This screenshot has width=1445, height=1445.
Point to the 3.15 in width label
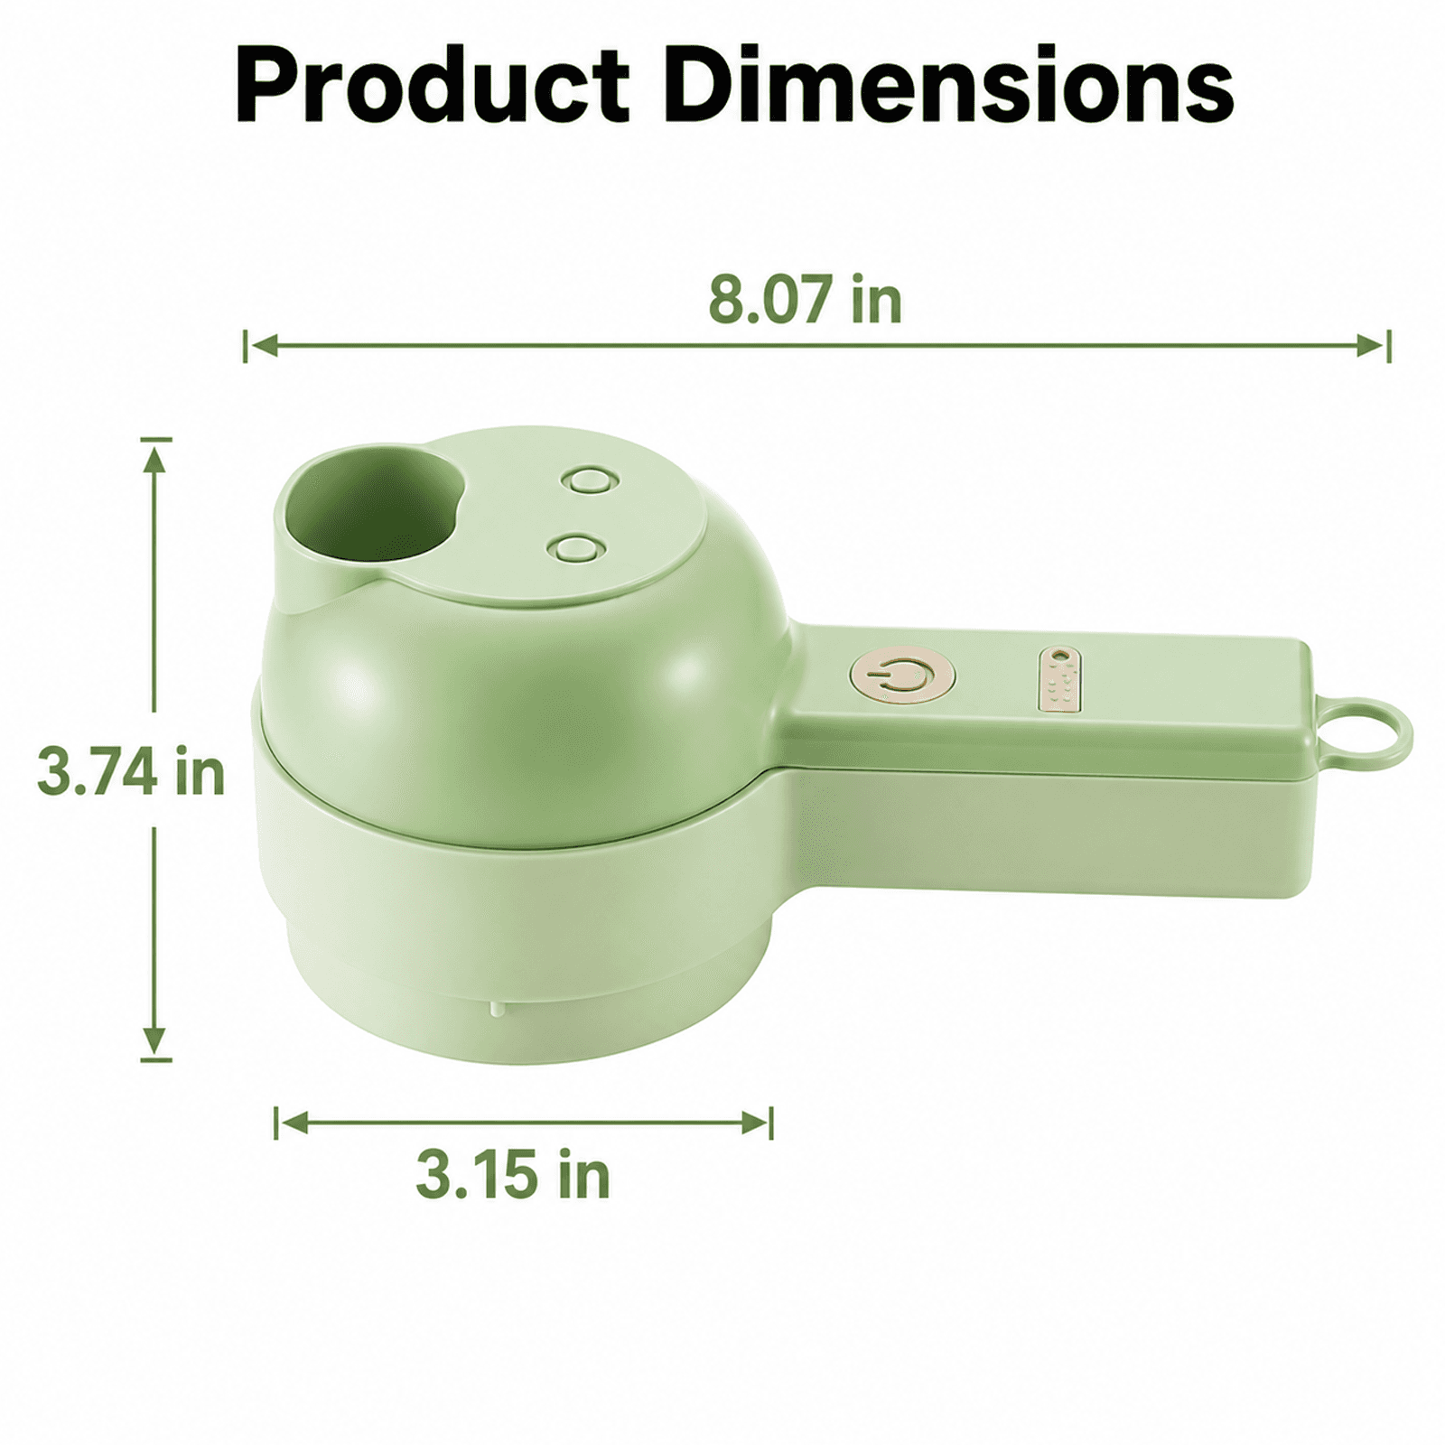pyautogui.click(x=513, y=1174)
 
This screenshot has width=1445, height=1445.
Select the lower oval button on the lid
pyautogui.click(x=574, y=547)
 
